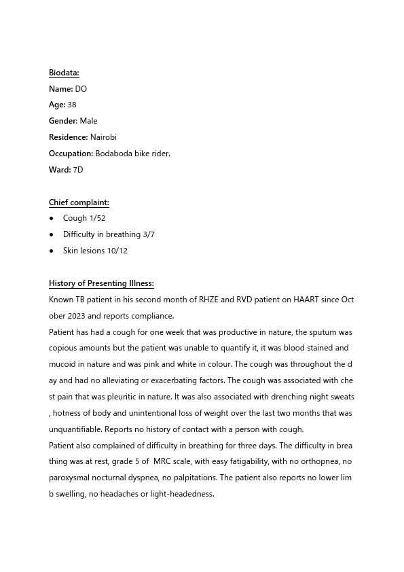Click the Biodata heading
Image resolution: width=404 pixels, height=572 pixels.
coord(64,73)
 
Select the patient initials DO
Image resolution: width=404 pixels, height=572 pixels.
coord(81,89)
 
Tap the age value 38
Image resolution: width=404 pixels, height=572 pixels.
coord(72,105)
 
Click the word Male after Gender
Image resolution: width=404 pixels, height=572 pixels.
coord(88,122)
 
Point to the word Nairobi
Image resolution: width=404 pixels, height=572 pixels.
coord(103,137)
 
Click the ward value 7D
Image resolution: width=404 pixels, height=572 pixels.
coord(78,170)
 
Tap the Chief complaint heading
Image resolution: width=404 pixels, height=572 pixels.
coord(79,202)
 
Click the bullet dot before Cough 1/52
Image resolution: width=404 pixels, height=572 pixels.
coord(52,219)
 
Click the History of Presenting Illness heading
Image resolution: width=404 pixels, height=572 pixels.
coord(101,283)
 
